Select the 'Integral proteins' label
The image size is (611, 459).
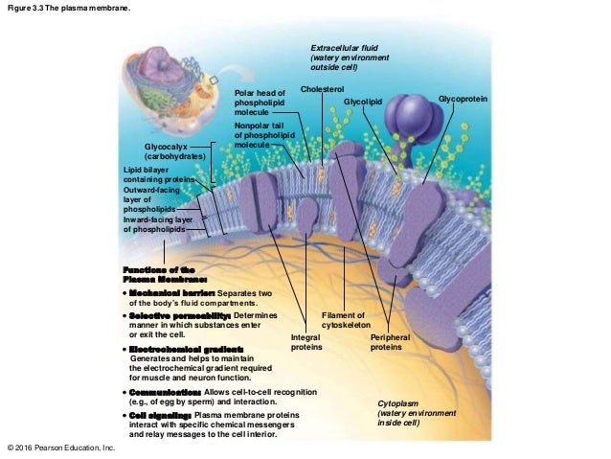[306, 343]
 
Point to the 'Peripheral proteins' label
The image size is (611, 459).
[391, 343]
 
